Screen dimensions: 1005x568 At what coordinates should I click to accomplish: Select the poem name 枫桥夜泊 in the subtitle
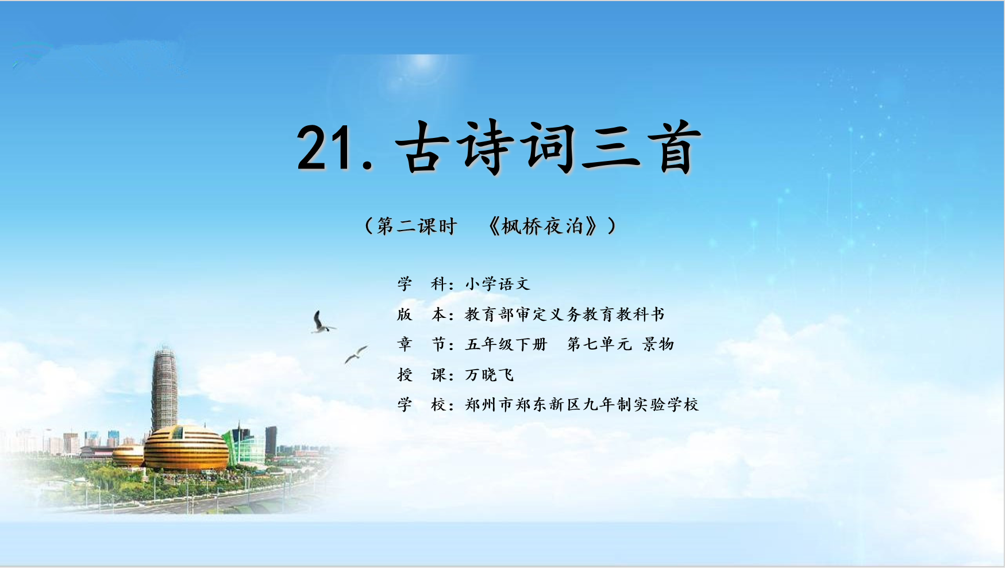point(542,226)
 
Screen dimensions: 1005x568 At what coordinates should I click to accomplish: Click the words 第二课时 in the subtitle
point(417,226)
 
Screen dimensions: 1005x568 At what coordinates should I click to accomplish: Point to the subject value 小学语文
point(498,284)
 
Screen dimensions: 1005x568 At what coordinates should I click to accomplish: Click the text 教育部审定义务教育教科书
point(565,314)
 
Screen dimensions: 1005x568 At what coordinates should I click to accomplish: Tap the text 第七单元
point(599,344)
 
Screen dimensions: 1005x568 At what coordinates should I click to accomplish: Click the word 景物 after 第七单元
point(658,344)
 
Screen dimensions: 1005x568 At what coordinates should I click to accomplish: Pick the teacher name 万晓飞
point(490,375)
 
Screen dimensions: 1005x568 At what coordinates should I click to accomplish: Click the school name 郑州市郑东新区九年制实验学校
point(582,405)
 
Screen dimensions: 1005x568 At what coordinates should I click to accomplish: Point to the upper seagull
point(322,323)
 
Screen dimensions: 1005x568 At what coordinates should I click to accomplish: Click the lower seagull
point(356,354)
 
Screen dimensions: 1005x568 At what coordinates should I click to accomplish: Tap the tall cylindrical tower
point(165,388)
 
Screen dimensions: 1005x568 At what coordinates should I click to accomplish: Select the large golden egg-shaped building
point(186,448)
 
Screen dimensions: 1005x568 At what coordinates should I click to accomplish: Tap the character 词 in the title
point(548,147)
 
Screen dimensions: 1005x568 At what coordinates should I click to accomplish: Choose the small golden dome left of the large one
point(128,455)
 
